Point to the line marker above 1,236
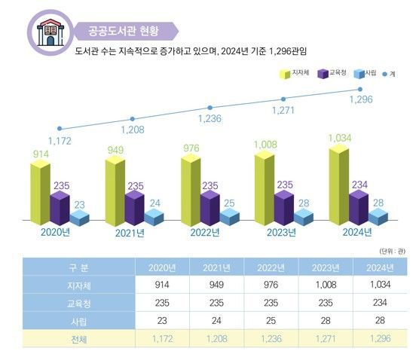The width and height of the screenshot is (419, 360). pyautogui.click(x=209, y=108)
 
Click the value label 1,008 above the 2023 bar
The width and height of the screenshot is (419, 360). pyautogui.click(x=265, y=144)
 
